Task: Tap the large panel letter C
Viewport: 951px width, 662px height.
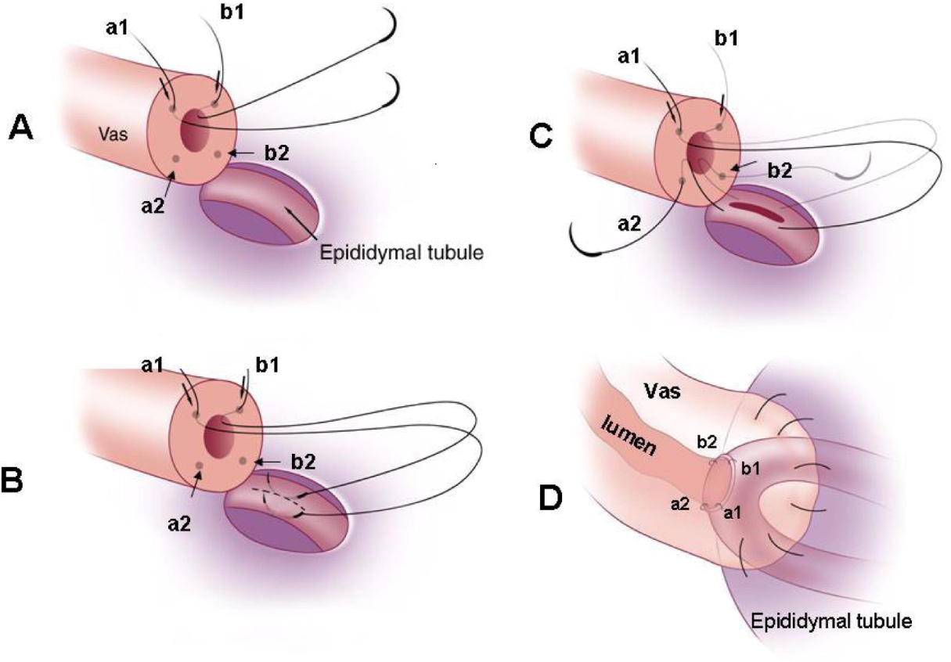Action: coord(542,136)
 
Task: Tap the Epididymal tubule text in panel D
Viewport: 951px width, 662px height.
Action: coord(831,622)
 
